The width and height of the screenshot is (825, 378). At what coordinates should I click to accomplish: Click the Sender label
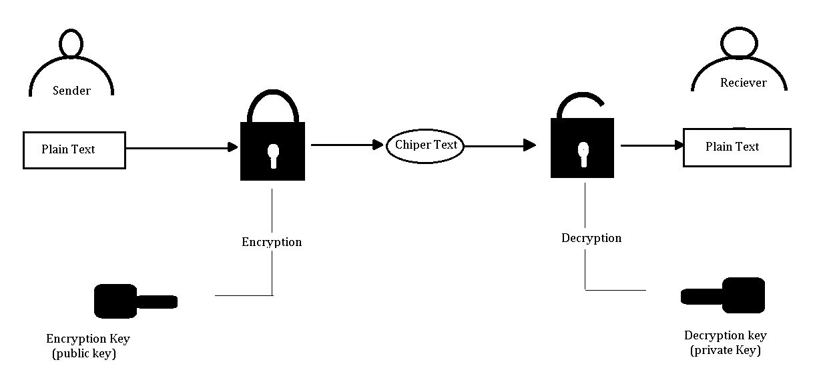click(71, 91)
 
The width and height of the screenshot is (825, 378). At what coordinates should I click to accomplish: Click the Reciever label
click(743, 83)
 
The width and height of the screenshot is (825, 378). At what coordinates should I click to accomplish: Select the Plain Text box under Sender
click(74, 150)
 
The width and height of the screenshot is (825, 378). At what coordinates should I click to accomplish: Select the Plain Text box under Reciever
click(736, 147)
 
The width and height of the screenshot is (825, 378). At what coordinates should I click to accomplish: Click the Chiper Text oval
click(426, 145)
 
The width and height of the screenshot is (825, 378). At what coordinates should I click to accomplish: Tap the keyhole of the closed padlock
click(272, 154)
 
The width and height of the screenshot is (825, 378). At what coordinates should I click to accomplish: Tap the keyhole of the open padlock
click(583, 153)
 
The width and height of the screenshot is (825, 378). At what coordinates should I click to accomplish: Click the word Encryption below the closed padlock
click(272, 242)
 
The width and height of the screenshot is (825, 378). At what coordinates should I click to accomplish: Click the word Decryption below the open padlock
click(591, 238)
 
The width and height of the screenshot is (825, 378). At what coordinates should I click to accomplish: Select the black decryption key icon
click(724, 296)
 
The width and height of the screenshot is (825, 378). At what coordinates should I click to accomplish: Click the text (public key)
click(84, 354)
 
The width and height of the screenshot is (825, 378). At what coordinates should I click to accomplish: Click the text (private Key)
click(725, 350)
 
